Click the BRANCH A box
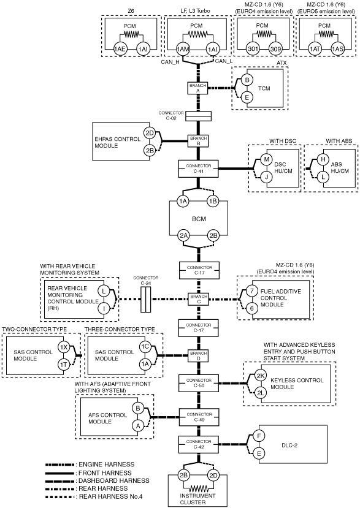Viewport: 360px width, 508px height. click(x=198, y=88)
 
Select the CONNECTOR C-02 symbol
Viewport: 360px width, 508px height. click(x=198, y=116)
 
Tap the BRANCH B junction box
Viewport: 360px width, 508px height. click(x=198, y=140)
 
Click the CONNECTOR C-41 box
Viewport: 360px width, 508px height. click(x=198, y=169)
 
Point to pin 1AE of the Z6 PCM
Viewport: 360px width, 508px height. click(x=120, y=49)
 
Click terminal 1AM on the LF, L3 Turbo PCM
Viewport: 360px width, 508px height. click(x=183, y=49)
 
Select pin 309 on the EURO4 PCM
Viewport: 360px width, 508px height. click(x=275, y=49)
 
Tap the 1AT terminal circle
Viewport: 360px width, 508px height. click(x=314, y=49)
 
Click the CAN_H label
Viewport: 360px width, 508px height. click(x=170, y=63)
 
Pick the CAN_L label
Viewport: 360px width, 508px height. click(x=224, y=61)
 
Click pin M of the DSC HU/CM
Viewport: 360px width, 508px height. click(x=267, y=159)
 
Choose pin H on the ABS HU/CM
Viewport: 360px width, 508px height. click(x=323, y=159)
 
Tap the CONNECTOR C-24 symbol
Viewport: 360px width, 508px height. click(x=145, y=298)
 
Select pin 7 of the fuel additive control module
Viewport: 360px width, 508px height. click(x=252, y=291)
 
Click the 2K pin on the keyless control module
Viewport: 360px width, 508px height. click(x=261, y=376)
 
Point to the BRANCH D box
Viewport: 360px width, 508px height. click(x=199, y=356)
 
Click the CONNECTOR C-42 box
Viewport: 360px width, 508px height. click(x=199, y=444)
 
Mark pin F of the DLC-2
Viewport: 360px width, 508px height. click(x=259, y=436)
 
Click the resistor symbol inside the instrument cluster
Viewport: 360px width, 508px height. click(x=198, y=488)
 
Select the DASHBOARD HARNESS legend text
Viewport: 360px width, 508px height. click(x=114, y=480)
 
